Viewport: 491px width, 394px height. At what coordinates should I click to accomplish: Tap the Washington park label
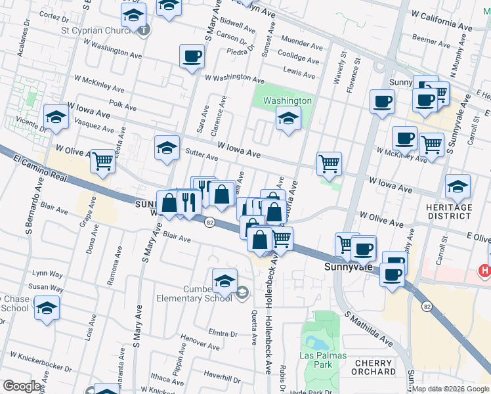pyautogui.click(x=287, y=100)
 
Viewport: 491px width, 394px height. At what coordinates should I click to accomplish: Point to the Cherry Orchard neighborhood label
pyautogui.click(x=374, y=367)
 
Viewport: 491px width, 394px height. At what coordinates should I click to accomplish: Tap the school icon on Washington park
pyautogui.click(x=288, y=119)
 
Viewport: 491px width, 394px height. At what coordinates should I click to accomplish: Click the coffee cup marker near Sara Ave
pyautogui.click(x=192, y=56)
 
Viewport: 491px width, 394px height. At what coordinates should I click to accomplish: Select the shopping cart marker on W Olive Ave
pyautogui.click(x=102, y=160)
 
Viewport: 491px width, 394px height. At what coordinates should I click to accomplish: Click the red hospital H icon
pyautogui.click(x=485, y=270)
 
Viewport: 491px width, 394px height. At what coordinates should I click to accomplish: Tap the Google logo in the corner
pyautogui.click(x=22, y=386)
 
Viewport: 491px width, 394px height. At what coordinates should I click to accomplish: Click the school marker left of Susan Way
pyautogui.click(x=47, y=307)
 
